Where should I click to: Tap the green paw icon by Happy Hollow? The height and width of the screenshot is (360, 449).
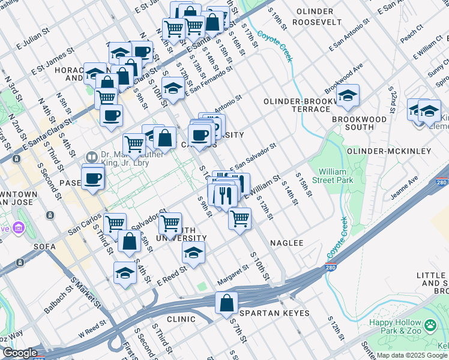[x=430, y=326]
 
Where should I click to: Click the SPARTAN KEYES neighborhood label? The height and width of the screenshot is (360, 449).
[x=274, y=313]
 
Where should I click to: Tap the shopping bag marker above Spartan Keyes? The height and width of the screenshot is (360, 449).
[x=226, y=303]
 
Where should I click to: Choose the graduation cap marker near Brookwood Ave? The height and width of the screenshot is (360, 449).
[x=347, y=95]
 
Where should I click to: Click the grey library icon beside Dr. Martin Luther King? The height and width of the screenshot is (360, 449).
[x=91, y=157]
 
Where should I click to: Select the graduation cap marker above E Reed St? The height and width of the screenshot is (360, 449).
[x=193, y=253]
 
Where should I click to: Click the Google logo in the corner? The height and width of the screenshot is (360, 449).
[x=19, y=353]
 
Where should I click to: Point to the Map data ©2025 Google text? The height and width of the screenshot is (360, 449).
[x=403, y=355]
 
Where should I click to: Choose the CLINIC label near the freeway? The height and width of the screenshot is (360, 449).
[x=181, y=319]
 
